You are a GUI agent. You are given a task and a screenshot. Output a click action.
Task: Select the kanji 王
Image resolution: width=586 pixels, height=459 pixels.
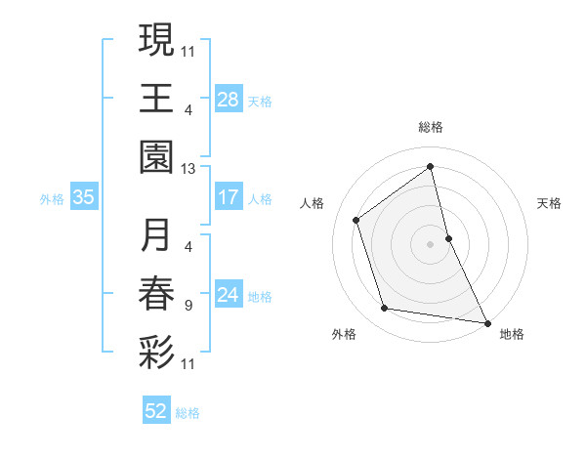coord(156,99)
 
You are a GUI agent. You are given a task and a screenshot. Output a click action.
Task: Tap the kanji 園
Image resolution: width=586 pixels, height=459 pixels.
coord(156,157)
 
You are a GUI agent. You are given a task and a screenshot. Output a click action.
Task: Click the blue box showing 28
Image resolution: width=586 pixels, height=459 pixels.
coord(229,100)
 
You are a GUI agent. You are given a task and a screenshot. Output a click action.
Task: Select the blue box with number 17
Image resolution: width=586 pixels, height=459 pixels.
coord(229,197)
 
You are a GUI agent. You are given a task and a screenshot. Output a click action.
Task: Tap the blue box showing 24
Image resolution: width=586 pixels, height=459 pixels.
coord(229,295)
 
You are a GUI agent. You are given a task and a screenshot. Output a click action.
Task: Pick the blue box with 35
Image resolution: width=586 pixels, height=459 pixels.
coord(84,197)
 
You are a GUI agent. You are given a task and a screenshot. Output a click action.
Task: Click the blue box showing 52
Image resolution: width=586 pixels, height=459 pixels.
coord(156,412)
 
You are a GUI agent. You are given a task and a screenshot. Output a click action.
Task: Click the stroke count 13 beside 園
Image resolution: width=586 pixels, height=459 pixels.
coord(188,169)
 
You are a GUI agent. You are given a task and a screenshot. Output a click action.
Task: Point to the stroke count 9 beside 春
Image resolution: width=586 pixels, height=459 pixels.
coord(188,306)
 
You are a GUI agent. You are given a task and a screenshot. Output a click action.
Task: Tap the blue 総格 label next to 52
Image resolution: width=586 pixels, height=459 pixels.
coord(188,413)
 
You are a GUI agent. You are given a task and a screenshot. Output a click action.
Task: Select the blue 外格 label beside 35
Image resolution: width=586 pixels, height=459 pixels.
coord(52,198)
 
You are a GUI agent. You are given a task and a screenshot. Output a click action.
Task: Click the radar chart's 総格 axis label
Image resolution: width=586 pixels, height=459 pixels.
coord(431,127)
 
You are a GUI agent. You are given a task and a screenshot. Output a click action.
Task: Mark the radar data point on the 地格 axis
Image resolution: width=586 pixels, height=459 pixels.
coord(486,321)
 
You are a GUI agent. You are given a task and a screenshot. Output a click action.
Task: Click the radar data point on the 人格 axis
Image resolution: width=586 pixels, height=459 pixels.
coord(356,220)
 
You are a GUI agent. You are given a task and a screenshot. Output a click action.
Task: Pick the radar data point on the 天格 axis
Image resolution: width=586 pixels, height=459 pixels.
coord(448,237)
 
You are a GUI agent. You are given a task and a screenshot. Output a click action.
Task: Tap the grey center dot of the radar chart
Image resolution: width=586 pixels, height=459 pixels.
coord(431,243)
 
